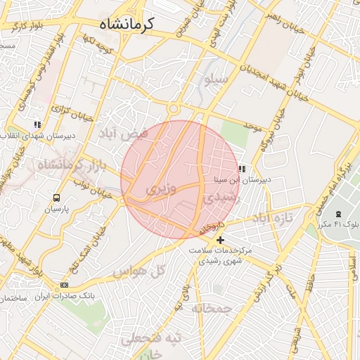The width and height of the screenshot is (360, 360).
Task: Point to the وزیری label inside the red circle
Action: [x=157, y=190]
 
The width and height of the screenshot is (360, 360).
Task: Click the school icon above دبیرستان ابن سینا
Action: [x=242, y=169]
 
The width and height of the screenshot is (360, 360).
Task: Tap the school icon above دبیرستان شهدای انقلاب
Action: [x=37, y=124]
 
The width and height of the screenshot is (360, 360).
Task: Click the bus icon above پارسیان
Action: [x=56, y=198]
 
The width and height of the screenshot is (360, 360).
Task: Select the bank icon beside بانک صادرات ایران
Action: [x=65, y=285]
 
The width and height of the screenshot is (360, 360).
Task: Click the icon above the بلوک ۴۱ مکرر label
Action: [x=338, y=213]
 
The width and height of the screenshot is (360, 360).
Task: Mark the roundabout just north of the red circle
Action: [x=172, y=109]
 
